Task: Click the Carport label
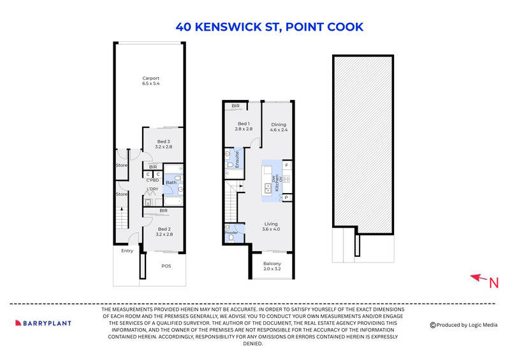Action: [151, 78]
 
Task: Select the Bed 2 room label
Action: [164, 229]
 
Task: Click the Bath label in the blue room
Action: [170, 183]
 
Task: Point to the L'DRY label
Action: [152, 189]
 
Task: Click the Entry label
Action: [127, 250]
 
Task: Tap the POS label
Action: [166, 265]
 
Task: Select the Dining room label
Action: [279, 125]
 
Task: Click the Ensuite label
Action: [238, 155]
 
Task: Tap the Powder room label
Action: [231, 233]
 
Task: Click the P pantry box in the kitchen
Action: [287, 198]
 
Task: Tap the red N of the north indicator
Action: [493, 284]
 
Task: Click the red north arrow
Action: [476, 277]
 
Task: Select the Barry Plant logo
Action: [43, 323]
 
